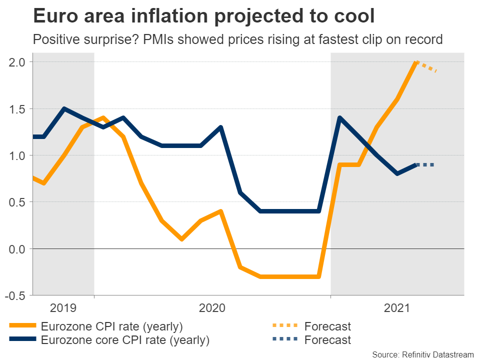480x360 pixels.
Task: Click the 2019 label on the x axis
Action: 63,308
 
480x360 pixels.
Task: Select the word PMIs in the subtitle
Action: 148,39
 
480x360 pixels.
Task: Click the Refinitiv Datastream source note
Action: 423,354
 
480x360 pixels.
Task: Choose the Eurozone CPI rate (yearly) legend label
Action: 112,327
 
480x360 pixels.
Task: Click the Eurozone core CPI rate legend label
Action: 125,340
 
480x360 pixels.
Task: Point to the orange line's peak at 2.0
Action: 416,62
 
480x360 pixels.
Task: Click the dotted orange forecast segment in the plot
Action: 427,67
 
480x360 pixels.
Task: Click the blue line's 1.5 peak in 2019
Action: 63,108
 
